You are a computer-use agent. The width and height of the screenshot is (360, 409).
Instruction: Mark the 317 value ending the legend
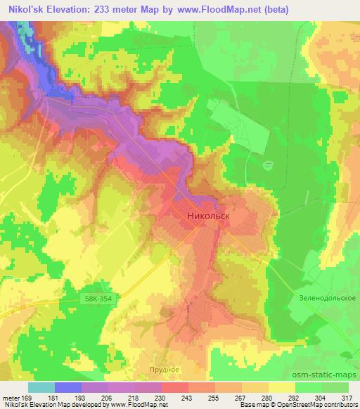(347, 397)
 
